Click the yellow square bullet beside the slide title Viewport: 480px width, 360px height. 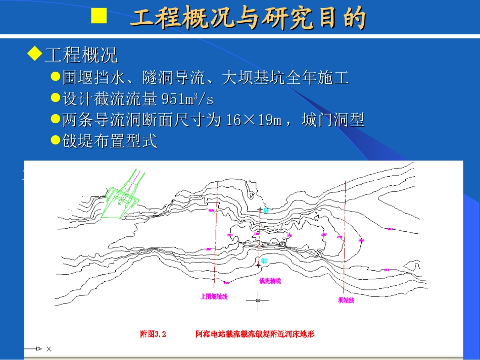(x=99, y=17)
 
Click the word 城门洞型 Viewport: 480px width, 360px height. (x=333, y=120)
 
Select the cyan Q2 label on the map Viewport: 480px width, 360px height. (x=264, y=261)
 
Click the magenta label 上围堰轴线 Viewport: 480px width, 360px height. (x=214, y=297)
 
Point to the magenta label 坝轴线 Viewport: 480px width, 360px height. (x=346, y=300)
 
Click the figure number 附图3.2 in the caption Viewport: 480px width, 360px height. (x=153, y=334)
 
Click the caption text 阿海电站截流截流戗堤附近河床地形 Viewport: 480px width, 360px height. (x=255, y=334)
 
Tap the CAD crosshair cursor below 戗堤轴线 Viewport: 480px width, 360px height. (x=258, y=300)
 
